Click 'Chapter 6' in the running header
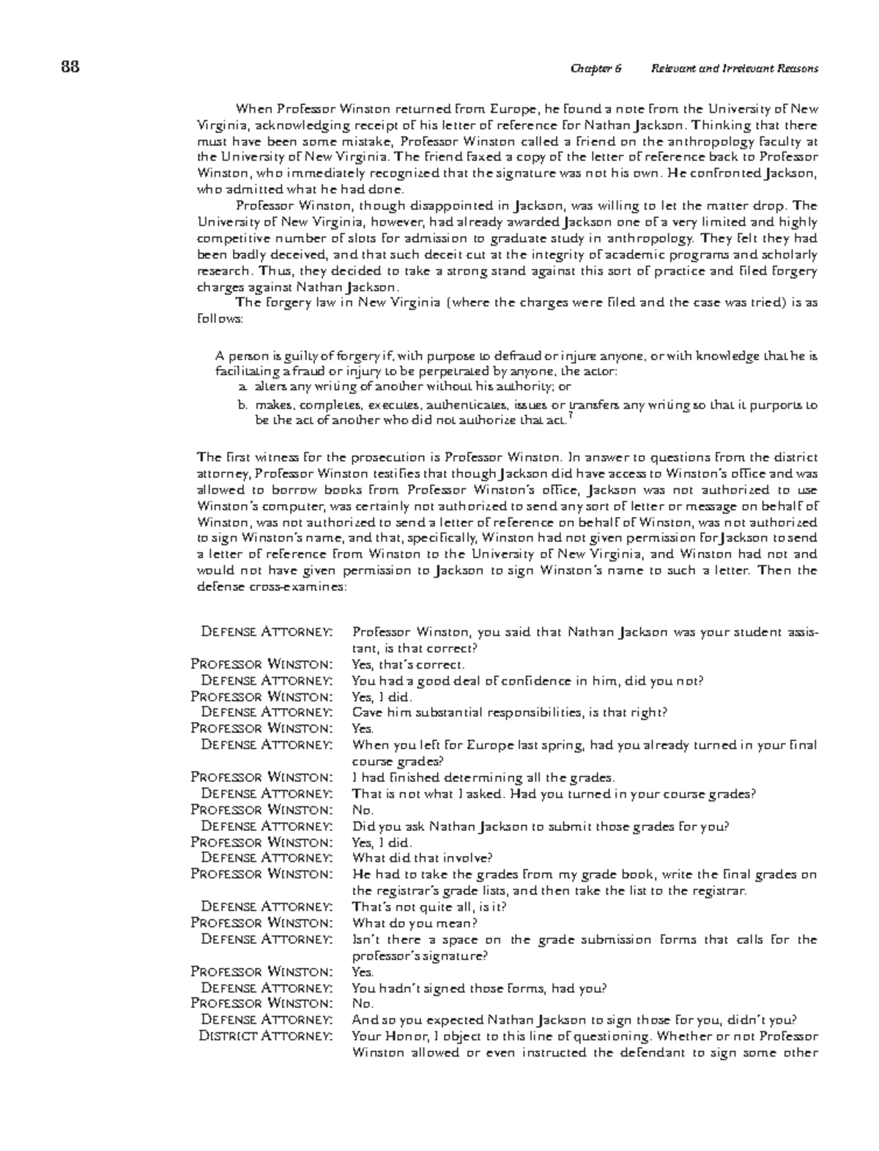(596, 69)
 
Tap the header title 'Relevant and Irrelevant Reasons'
(734, 69)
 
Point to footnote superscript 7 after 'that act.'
(571, 415)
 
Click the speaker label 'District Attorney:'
(265, 1036)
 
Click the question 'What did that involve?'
(422, 857)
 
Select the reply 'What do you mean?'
(415, 923)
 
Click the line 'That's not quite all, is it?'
(429, 906)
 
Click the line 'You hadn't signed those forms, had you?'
(479, 988)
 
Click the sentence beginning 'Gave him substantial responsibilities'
(509, 712)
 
